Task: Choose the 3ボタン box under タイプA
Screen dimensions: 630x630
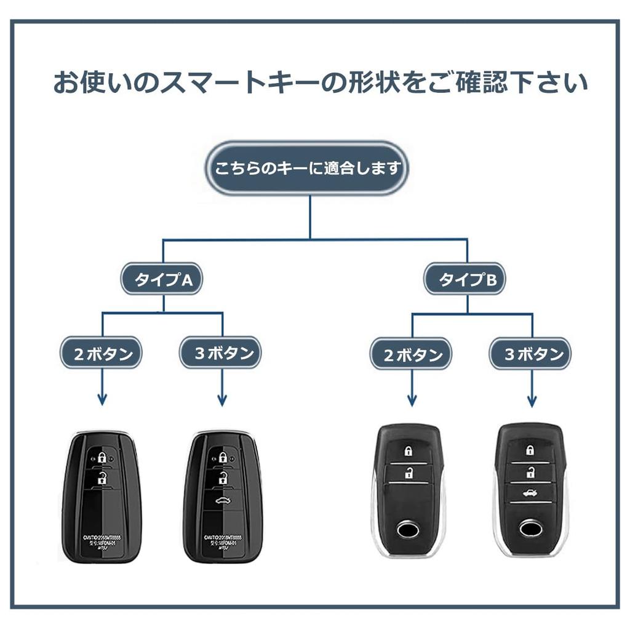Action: (223, 354)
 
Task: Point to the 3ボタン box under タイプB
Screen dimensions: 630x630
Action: (532, 355)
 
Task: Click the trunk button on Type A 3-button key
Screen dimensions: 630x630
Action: (223, 501)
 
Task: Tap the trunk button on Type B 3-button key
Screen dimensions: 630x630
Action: (530, 492)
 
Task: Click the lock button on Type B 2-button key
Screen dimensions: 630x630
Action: (408, 451)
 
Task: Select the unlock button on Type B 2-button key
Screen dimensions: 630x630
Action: (408, 472)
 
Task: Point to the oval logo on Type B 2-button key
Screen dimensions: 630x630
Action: (408, 528)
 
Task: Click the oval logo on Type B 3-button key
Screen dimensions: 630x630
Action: (529, 528)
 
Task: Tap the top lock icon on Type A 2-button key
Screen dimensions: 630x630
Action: (102, 457)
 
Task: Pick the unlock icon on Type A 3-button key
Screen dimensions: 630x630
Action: (223, 477)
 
